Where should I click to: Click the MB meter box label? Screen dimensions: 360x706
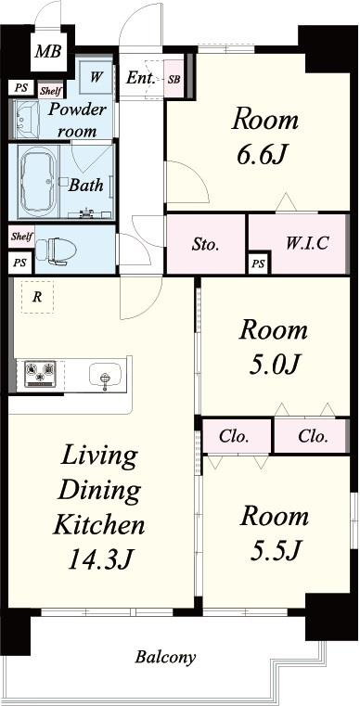click(48, 51)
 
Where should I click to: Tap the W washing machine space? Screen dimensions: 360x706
click(96, 77)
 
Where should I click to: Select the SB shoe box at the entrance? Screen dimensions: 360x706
click(174, 79)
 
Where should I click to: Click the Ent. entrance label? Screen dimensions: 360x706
click(141, 78)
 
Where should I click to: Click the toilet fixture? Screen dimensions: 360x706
click(56, 249)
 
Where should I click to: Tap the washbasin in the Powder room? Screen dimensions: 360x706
click(26, 120)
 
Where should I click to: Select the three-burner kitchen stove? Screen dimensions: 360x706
click(41, 373)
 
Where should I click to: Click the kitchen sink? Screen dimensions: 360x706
click(106, 375)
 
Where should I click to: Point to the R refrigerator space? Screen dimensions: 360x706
click(37, 297)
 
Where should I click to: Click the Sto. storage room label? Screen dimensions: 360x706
click(205, 246)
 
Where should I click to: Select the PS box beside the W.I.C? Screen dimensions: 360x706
click(259, 263)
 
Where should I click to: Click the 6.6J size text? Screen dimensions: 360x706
click(263, 155)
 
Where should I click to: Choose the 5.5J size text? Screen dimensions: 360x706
click(276, 549)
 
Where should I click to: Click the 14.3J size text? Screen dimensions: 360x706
click(99, 559)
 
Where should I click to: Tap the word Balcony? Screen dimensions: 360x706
click(165, 658)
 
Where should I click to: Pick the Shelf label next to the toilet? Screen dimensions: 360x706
click(21, 237)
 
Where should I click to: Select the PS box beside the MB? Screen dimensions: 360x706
click(20, 88)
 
